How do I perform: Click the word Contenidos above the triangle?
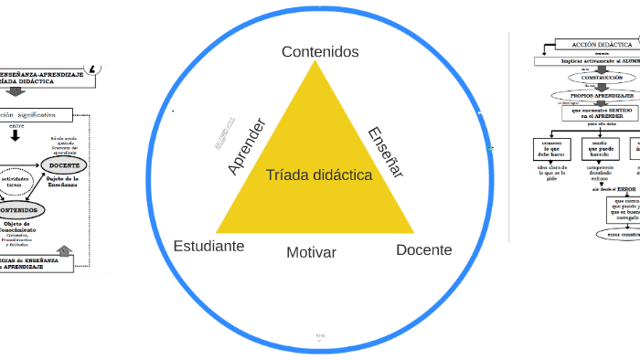pyautogui.click(x=320, y=52)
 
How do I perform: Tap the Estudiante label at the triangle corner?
pyautogui.click(x=208, y=247)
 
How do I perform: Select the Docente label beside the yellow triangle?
pyautogui.click(x=423, y=249)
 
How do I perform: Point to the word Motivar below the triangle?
pyautogui.click(x=311, y=252)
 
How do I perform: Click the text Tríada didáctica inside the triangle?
pyautogui.click(x=319, y=175)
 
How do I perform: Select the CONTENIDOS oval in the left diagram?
pyautogui.click(x=19, y=209)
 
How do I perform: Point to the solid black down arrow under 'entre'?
pyautogui.click(x=16, y=136)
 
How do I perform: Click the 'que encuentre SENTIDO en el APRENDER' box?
pyautogui.click(x=598, y=114)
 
